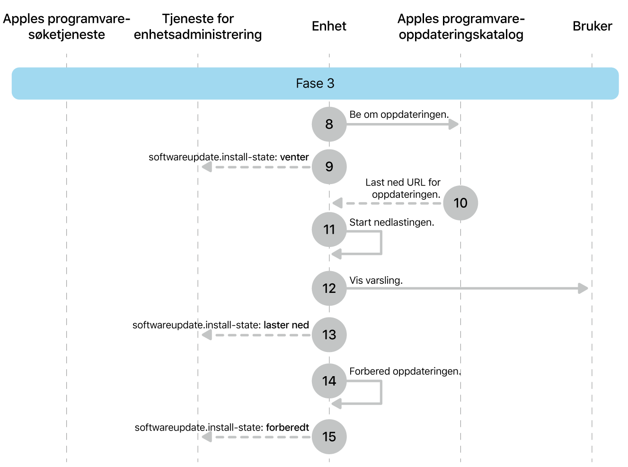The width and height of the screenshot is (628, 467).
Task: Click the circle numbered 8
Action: [x=329, y=124]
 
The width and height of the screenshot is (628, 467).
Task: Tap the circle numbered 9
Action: [x=329, y=167]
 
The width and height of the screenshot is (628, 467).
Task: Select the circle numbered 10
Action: [x=460, y=203]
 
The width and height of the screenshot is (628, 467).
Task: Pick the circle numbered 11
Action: [x=329, y=229]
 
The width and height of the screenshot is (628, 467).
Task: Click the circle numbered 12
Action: [x=329, y=288]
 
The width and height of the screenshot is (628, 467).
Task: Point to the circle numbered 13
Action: [x=329, y=335]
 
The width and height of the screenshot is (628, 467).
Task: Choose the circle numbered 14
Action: [x=329, y=381]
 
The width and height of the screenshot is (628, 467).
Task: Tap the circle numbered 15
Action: [x=329, y=437]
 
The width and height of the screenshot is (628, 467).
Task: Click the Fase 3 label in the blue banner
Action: [x=315, y=83]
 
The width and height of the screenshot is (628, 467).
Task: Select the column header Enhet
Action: [x=329, y=26]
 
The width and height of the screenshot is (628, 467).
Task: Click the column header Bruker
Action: [x=592, y=26]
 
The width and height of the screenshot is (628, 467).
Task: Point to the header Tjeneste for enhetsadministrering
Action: [x=198, y=26]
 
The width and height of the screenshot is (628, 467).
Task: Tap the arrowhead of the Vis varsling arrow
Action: [x=584, y=288]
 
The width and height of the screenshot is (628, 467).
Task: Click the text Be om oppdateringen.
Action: [x=399, y=115]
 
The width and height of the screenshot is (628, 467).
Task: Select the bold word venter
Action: [x=294, y=157]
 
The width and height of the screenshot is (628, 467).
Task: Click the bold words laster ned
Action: [x=286, y=325]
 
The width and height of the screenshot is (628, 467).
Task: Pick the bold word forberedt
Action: [x=287, y=427]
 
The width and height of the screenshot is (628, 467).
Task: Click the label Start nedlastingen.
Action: [x=391, y=222]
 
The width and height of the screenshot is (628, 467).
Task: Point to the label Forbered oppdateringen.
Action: [x=405, y=371]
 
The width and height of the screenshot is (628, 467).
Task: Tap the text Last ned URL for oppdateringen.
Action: [x=403, y=188]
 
